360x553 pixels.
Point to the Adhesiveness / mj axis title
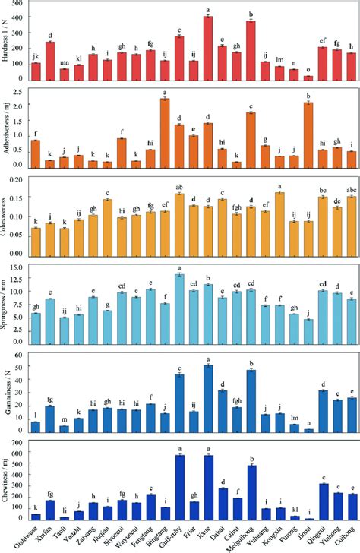(7, 129)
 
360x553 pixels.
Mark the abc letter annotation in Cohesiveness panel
(351, 188)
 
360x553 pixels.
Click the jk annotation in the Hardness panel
(36, 56)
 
